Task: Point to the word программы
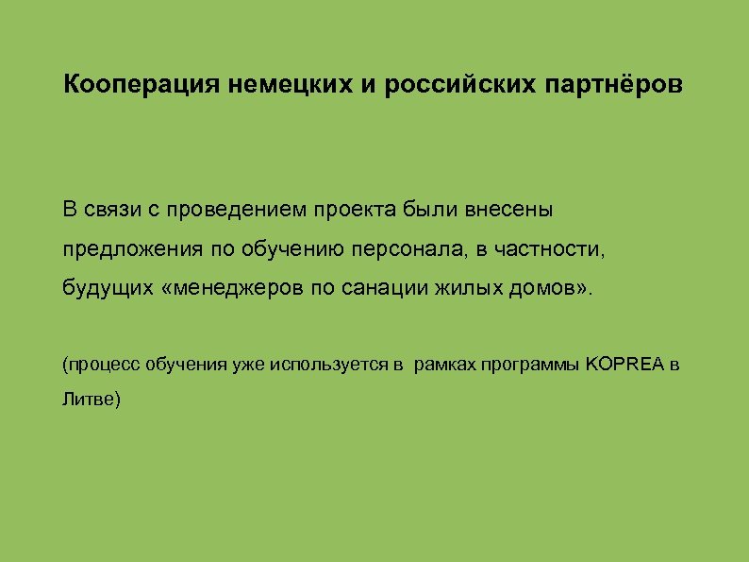[x=533, y=364]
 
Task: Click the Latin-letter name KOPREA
[x=625, y=364]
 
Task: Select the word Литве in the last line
[x=87, y=400]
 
